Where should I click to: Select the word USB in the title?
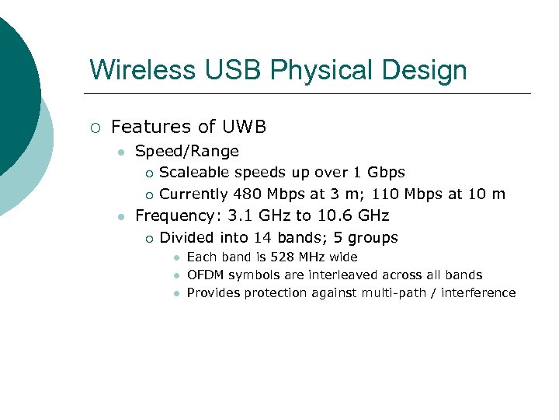[220, 70]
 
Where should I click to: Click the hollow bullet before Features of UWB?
[95, 128]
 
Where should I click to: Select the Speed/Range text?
[186, 151]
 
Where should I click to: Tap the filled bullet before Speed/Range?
[120, 152]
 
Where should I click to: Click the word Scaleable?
[193, 172]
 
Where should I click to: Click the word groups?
[371, 237]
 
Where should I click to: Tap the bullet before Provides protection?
[177, 293]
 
